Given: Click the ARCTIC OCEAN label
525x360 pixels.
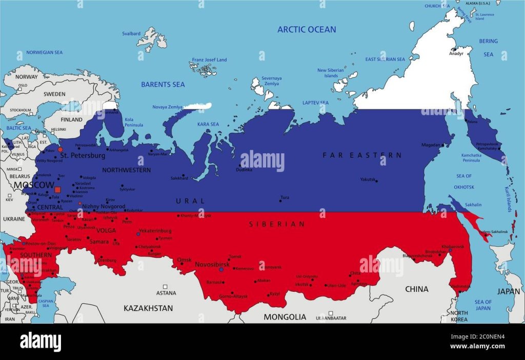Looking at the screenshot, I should pyautogui.click(x=307, y=29).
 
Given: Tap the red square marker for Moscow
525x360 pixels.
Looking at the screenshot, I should pyautogui.click(x=57, y=190).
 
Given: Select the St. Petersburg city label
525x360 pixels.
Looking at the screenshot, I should pyautogui.click(x=83, y=155).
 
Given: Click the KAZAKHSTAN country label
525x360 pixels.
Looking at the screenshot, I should pyautogui.click(x=148, y=308).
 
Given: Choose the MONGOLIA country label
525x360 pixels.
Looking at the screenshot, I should pyautogui.click(x=285, y=317).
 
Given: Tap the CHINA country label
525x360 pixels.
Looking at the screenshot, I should pyautogui.click(x=416, y=289).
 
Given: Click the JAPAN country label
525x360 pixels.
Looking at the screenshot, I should pyautogui.click(x=508, y=291).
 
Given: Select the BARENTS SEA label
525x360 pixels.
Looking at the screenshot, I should pyautogui.click(x=163, y=84).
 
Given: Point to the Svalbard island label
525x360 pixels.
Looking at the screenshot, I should pyautogui.click(x=131, y=34).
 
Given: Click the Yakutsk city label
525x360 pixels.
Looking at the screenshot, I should pyautogui.click(x=368, y=179).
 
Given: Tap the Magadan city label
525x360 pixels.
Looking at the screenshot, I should pyautogui.click(x=431, y=145).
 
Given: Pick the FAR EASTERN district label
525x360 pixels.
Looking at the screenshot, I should pyautogui.click(x=362, y=154).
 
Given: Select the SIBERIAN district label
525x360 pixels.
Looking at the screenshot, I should pyautogui.click(x=277, y=224).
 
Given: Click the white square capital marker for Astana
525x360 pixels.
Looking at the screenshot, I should pyautogui.click(x=165, y=287).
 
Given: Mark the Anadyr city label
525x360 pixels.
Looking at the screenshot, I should pyautogui.click(x=456, y=53).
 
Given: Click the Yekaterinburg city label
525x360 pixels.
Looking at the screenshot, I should pyautogui.click(x=155, y=231).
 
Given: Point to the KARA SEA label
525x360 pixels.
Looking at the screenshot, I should pyautogui.click(x=208, y=124).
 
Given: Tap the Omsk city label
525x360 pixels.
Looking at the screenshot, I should pyautogui.click(x=184, y=260).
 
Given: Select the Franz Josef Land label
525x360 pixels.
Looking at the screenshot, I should pyautogui.click(x=209, y=60).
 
